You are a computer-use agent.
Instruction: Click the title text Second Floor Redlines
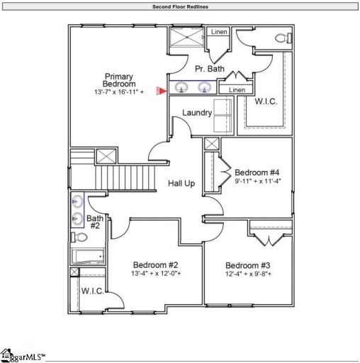click(x=180, y=6)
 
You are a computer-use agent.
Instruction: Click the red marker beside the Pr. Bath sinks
click(x=162, y=89)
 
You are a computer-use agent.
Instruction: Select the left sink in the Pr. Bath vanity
click(x=183, y=88)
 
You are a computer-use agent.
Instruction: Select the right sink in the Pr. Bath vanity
click(x=205, y=88)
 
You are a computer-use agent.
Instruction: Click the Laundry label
click(x=197, y=113)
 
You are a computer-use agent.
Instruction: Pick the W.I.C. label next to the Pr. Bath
click(x=266, y=101)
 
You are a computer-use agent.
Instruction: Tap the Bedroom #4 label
click(x=257, y=172)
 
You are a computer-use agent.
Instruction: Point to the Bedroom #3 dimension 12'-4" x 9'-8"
click(x=249, y=274)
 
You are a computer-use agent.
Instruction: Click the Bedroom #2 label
click(x=155, y=263)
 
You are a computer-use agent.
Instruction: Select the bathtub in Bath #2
click(x=88, y=256)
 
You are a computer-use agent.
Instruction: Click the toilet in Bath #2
click(x=79, y=237)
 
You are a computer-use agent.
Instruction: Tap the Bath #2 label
click(x=95, y=222)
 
